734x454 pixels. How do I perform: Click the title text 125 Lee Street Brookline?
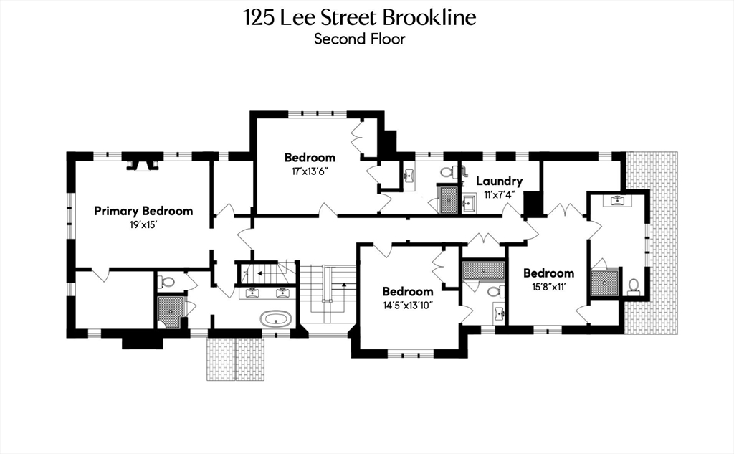[x=359, y=17]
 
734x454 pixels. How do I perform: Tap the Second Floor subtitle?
[x=359, y=39]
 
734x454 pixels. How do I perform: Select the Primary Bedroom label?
[x=143, y=211]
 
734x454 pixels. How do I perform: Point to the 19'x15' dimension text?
[x=143, y=224]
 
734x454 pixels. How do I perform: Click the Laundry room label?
[x=499, y=181]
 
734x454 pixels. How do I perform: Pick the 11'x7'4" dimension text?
[x=499, y=194]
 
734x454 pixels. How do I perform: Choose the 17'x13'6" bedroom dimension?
[x=310, y=171]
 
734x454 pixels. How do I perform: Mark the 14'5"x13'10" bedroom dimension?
[x=407, y=305]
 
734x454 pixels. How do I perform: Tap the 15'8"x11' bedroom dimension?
[x=548, y=286]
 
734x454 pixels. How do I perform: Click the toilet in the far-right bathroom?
[x=634, y=286]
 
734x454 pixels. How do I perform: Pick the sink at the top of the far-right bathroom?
[x=617, y=201]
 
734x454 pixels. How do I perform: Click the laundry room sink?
[x=469, y=202]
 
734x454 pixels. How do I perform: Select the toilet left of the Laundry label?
[x=447, y=173]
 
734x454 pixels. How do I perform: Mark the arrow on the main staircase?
[x=344, y=285]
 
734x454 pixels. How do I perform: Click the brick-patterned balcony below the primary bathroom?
[x=236, y=359]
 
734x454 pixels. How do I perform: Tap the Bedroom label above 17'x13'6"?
[x=310, y=158]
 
